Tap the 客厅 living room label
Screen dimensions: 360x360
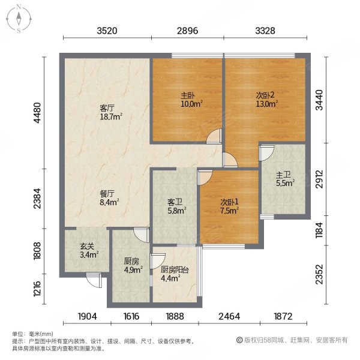point(107,109)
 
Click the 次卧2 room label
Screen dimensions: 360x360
point(262,95)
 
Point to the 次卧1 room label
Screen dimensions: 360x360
point(228,202)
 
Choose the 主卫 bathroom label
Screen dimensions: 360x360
point(283,175)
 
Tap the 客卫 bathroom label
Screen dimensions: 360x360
point(175,202)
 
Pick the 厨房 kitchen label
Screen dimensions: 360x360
point(132,261)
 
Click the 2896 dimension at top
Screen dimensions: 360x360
point(187,31)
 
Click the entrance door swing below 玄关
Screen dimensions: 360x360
point(93,279)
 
